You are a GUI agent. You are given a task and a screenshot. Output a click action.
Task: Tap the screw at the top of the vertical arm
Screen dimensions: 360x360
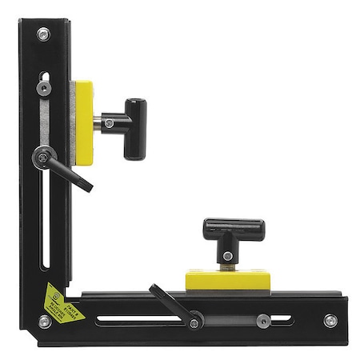tap(42, 34)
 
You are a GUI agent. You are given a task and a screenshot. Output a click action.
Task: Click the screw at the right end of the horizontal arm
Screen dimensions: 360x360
tap(329, 321)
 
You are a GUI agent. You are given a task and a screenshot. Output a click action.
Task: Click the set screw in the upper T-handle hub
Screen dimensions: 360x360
tap(110, 123)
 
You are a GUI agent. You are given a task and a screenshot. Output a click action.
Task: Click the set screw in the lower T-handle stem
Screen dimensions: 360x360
tap(228, 256)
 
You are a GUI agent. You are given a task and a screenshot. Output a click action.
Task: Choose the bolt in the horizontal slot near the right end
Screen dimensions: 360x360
tap(262, 321)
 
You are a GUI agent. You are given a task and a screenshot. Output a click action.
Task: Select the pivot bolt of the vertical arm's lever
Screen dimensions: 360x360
tap(42, 158)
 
